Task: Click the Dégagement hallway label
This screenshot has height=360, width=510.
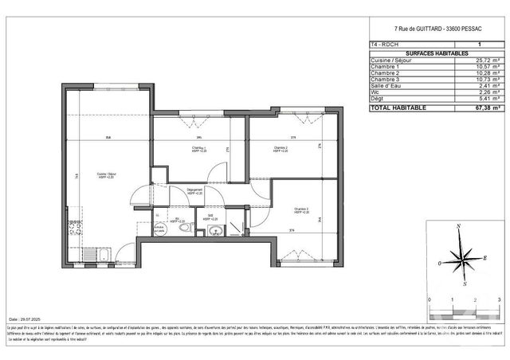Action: [194, 190]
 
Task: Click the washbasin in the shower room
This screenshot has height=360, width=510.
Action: [214, 232]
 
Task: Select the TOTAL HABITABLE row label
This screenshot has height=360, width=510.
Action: [398, 107]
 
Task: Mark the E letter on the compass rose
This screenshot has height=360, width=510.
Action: [486, 257]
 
